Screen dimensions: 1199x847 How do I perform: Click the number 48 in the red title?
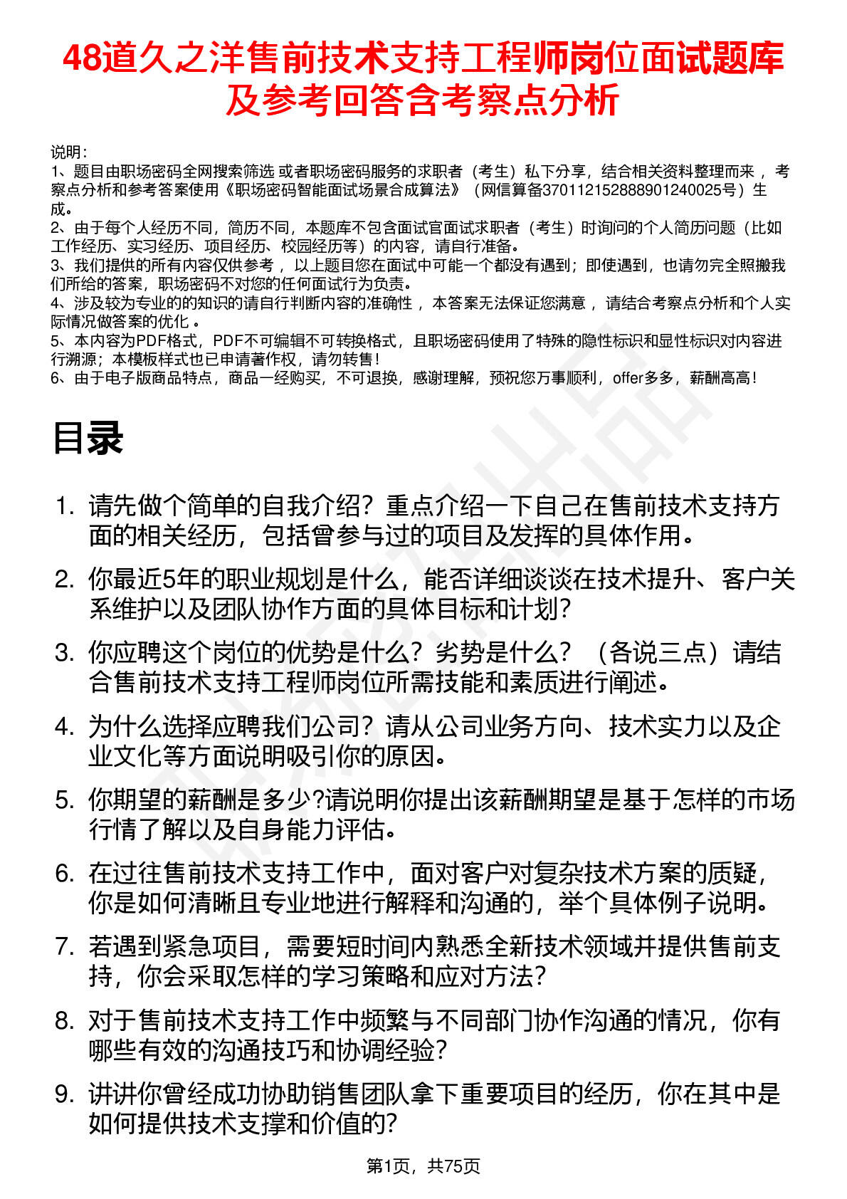[82, 59]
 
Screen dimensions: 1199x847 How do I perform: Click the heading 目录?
[88, 439]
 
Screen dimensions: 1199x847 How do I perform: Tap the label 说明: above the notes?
[69, 152]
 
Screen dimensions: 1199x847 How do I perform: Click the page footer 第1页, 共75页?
[423, 1166]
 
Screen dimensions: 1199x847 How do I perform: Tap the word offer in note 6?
[627, 378]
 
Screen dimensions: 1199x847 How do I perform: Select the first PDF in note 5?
[149, 341]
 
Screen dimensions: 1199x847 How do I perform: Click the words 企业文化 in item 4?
[757, 726]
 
